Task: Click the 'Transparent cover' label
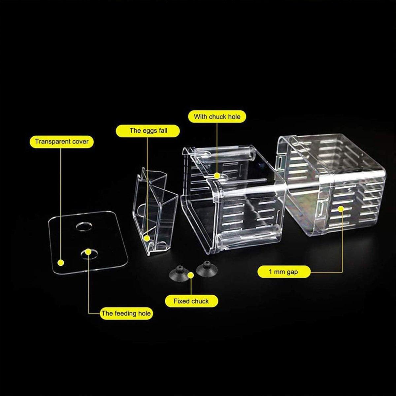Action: (x=62, y=142)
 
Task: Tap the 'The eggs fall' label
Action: (x=148, y=130)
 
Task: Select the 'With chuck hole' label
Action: (x=217, y=116)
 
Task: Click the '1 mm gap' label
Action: (x=283, y=272)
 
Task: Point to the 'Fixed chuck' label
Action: (x=191, y=301)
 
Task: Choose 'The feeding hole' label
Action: (x=126, y=313)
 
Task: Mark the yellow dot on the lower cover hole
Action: (x=88, y=252)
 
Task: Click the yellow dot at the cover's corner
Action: (x=60, y=263)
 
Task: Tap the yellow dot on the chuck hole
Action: (x=216, y=176)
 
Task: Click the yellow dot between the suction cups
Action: (x=191, y=275)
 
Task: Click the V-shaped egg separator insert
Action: (x=153, y=211)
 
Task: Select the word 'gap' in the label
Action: (x=292, y=272)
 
